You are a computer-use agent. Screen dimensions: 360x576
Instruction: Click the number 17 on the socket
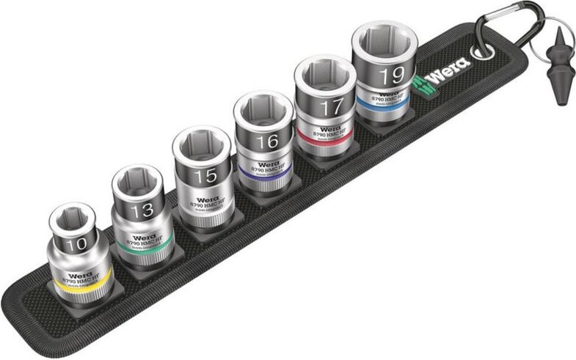pos(332,107)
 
